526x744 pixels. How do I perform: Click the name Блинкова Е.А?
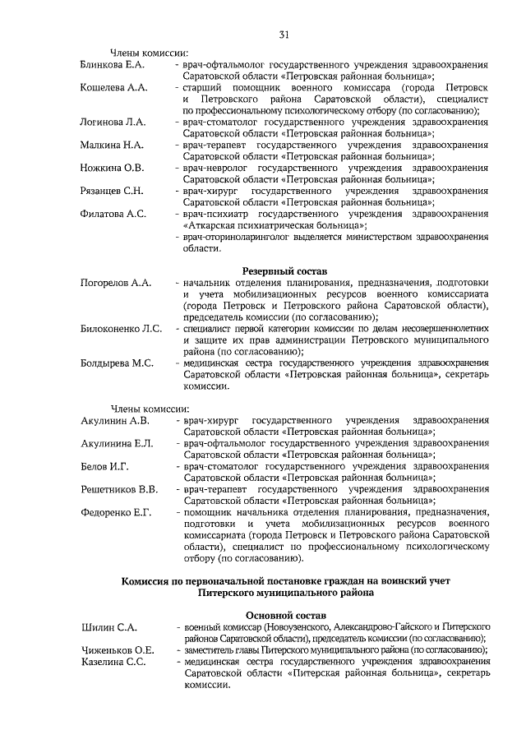[113, 64]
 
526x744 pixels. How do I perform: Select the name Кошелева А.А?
[113, 87]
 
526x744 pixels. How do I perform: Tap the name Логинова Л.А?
[113, 122]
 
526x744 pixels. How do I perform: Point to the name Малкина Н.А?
[112, 145]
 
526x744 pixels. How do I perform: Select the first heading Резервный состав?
[284, 270]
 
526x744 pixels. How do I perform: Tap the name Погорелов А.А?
[116, 283]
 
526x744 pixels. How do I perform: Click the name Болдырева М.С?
[118, 363]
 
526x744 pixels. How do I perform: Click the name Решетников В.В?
[119, 490]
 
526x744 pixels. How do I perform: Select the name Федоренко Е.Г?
[117, 513]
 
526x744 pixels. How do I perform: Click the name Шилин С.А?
[108, 628]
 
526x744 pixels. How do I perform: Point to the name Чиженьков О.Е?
[118, 649]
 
